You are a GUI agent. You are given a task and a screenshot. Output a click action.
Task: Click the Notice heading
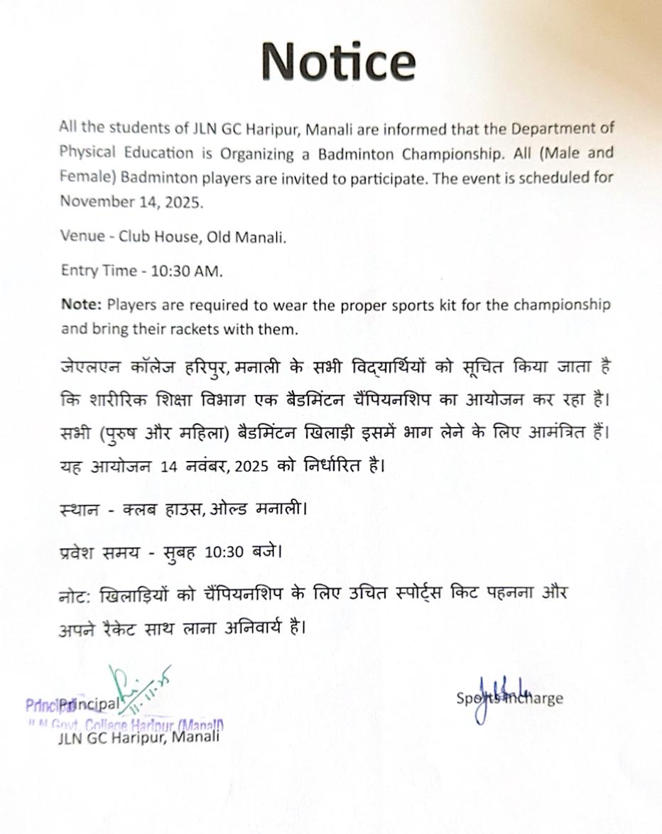(338, 61)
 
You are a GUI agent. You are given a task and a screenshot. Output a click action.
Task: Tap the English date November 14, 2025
(131, 201)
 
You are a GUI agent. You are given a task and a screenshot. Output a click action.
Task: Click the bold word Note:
(82, 305)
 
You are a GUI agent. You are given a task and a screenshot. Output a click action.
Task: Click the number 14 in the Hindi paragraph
(168, 467)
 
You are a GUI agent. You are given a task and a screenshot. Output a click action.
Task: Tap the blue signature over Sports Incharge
(497, 696)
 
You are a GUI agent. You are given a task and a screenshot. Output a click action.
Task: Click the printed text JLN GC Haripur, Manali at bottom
(139, 736)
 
